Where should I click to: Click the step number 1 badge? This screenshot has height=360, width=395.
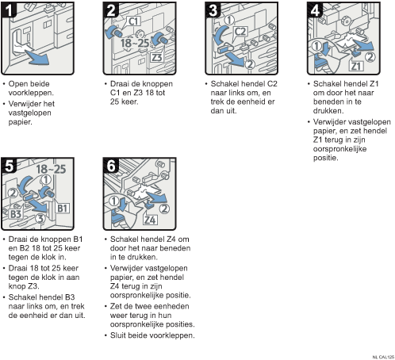[x=9, y=10]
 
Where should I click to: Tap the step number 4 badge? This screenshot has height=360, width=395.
[x=315, y=10]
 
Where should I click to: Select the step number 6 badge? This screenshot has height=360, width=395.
[x=110, y=166]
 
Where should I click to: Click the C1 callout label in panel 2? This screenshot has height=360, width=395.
[x=134, y=21]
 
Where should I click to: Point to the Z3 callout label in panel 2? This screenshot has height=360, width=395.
[x=157, y=57]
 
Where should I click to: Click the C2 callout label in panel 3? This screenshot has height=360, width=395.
[x=240, y=32]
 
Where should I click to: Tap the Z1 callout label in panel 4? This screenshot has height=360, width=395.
[x=356, y=66]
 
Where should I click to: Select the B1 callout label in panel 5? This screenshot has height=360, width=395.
[x=63, y=208]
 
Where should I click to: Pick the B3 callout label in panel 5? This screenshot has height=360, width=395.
[x=16, y=213]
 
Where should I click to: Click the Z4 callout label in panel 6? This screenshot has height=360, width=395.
[x=150, y=220]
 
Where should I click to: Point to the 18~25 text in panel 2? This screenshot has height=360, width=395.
[x=135, y=43]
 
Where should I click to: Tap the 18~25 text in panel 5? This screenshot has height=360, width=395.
[x=51, y=169]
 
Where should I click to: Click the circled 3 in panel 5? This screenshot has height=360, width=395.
[x=40, y=218]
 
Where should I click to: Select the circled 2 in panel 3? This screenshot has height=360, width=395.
[x=250, y=64]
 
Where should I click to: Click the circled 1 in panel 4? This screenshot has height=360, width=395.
[x=316, y=46]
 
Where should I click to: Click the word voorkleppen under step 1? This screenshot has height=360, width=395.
[x=31, y=93]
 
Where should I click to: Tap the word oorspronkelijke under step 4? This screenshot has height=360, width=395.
[x=339, y=149]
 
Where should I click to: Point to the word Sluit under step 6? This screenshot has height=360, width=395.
[x=119, y=335]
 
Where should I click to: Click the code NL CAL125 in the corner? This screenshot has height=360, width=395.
[x=383, y=357]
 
